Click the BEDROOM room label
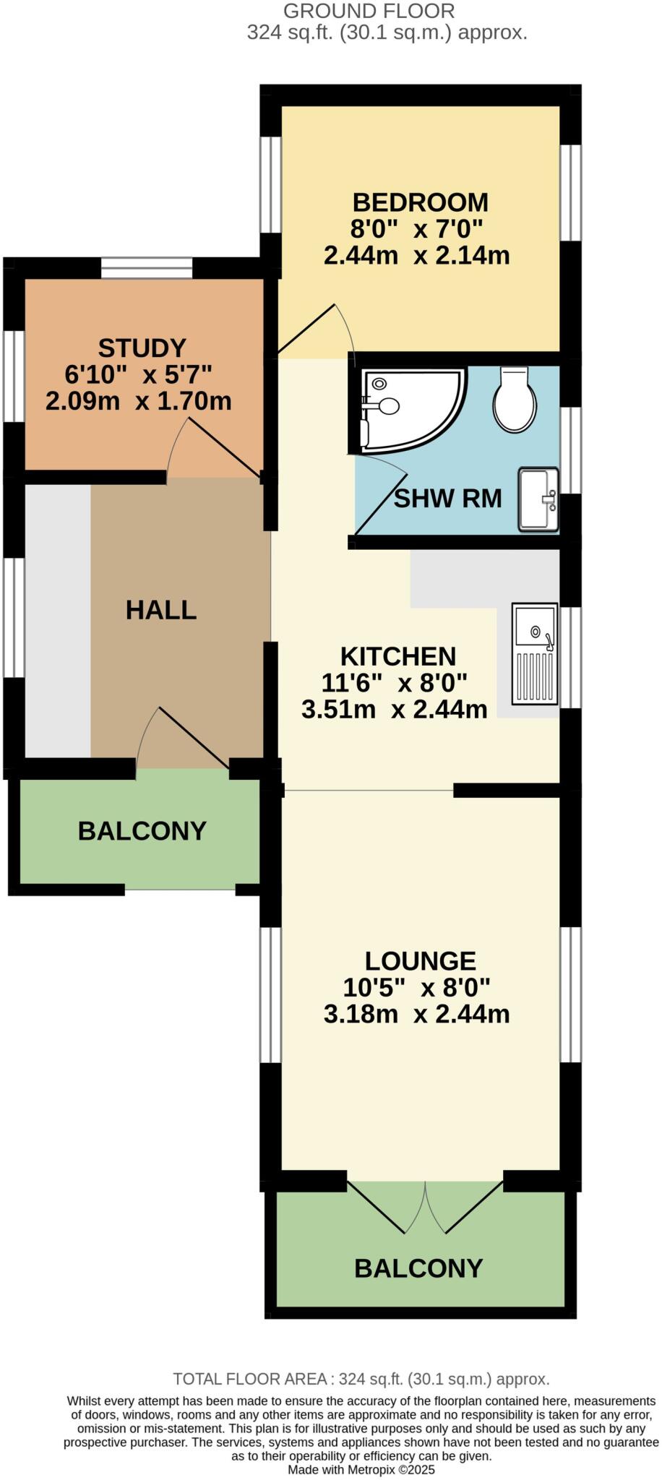point(420,202)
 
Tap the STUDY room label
point(142,348)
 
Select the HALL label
point(161,610)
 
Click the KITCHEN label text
point(398,657)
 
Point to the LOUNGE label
point(420,961)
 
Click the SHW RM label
point(447,499)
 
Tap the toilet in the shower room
point(515,400)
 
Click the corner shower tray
point(408,408)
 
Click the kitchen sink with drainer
point(535,653)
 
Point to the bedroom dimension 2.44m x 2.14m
point(416,256)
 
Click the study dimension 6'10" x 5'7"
point(138,375)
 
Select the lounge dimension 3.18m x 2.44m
point(416,1014)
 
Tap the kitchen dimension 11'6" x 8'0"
point(395,682)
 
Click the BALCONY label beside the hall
point(142,831)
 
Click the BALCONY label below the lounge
point(418,1268)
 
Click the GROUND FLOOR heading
point(369,12)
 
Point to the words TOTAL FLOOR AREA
point(250,1379)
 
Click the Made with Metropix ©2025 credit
point(361,1469)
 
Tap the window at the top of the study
point(147,269)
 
